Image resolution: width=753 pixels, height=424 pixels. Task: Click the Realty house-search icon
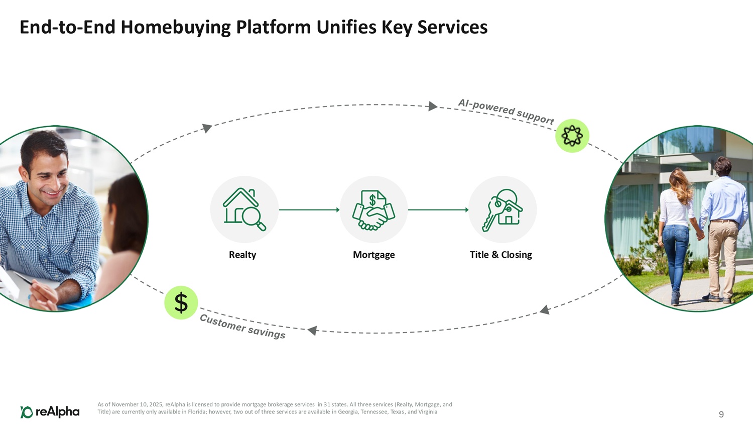[244, 209]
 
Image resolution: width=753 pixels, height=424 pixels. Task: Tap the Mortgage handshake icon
[373, 210]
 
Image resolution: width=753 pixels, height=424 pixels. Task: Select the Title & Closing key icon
[503, 210]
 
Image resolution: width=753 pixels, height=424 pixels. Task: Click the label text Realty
[242, 255]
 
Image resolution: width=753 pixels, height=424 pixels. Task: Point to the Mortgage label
[373, 255]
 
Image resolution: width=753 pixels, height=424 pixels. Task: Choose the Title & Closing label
[500, 255]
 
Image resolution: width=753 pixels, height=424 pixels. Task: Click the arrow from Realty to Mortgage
[309, 209]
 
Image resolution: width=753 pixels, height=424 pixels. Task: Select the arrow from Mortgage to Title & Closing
[438, 209]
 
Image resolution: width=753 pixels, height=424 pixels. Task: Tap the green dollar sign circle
[181, 303]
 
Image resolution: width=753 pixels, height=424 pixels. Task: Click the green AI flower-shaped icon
[572, 136]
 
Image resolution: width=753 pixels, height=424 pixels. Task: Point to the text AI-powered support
[506, 111]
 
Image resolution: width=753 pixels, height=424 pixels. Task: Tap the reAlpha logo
[50, 412]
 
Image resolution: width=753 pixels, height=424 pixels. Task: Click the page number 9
[721, 414]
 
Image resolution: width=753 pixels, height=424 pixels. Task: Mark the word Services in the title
[452, 27]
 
